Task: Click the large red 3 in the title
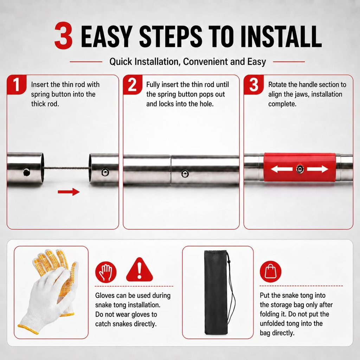64,35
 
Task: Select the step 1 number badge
16,84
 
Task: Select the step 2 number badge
133,84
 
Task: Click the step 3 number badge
253,84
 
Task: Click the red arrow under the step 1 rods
69,192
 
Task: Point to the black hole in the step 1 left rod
27,172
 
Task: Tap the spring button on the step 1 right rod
105,172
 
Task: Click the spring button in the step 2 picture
185,174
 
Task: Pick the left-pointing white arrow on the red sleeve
282,169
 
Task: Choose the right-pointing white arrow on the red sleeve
317,169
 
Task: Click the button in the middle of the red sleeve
300,169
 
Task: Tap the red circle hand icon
105,272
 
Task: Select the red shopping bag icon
270,272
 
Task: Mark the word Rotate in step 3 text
277,84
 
